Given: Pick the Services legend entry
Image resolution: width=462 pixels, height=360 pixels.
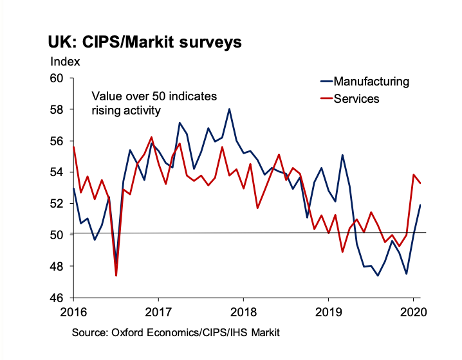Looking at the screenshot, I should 356,99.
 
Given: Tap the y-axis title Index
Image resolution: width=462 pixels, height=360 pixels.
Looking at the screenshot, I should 65,62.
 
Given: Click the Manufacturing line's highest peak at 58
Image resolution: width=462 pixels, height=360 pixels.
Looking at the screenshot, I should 229,109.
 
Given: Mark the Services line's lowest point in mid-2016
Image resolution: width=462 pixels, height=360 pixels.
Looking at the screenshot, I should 116,276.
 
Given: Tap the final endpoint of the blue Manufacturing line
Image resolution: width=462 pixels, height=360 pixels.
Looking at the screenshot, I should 421,205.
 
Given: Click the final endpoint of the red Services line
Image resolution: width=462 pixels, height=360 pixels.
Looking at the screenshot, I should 421,183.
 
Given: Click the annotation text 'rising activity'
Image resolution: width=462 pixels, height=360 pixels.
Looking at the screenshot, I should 125,110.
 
